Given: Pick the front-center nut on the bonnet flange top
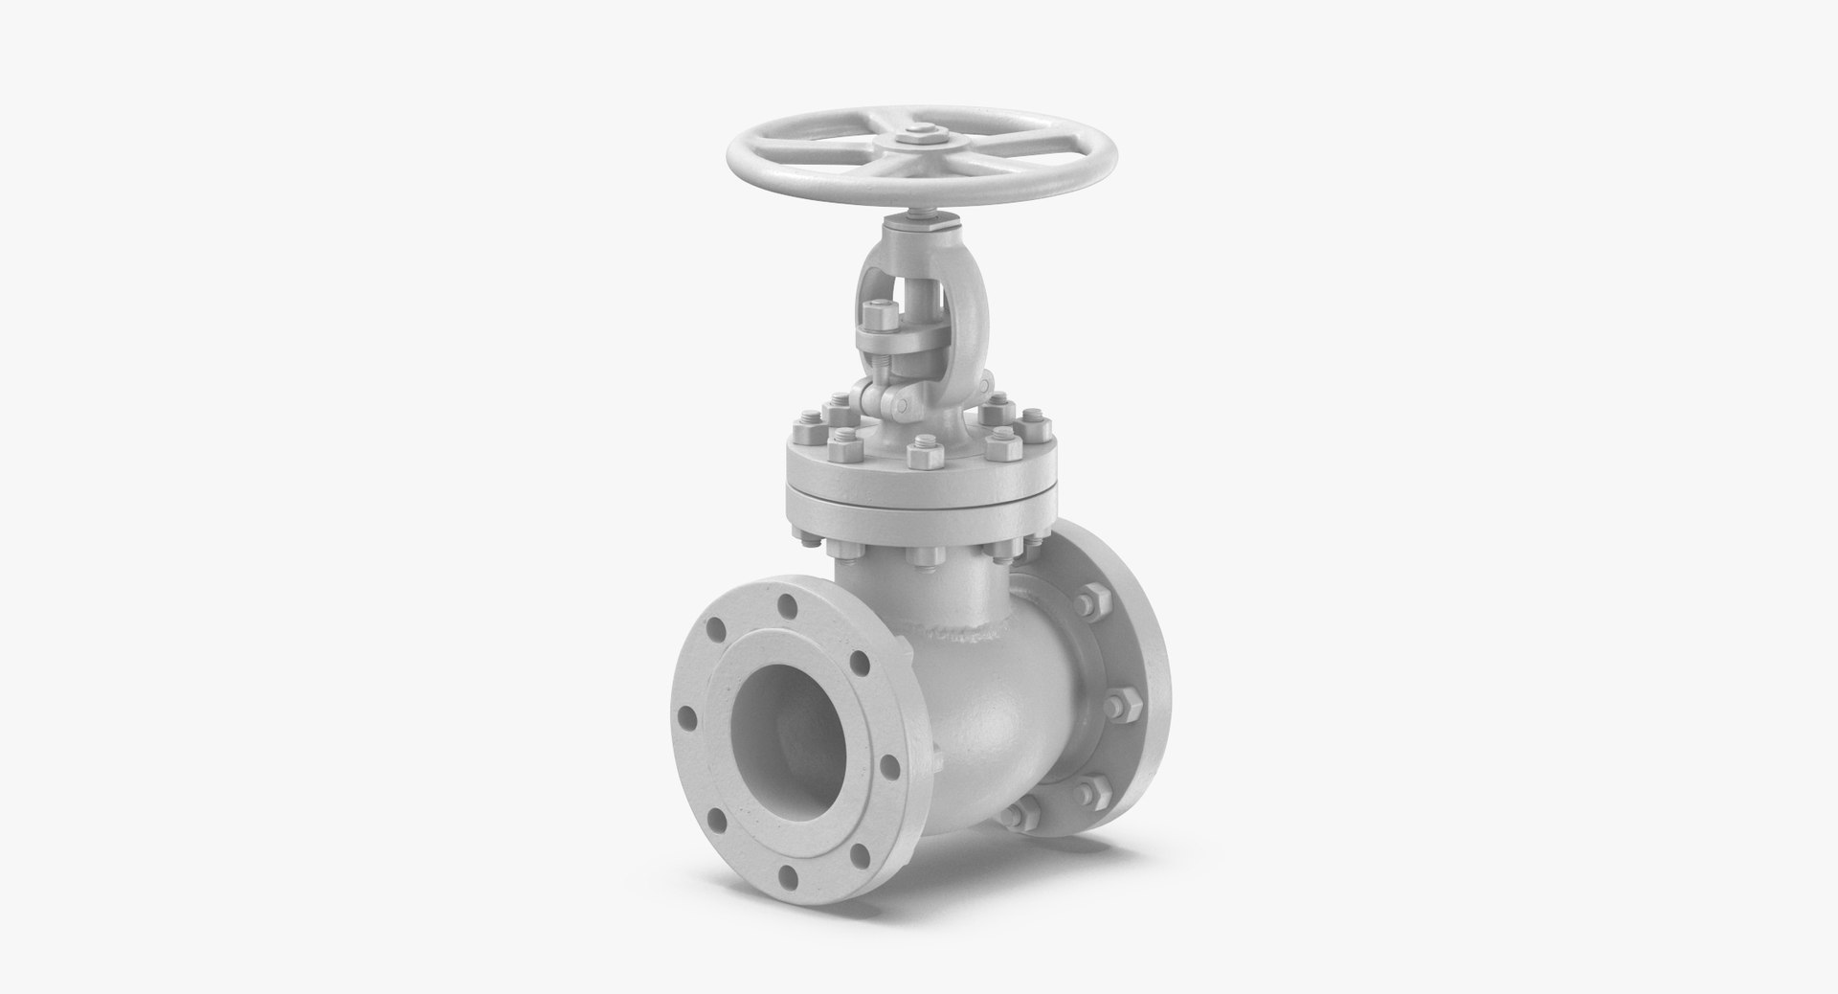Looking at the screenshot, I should pyautogui.click(x=922, y=451).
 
